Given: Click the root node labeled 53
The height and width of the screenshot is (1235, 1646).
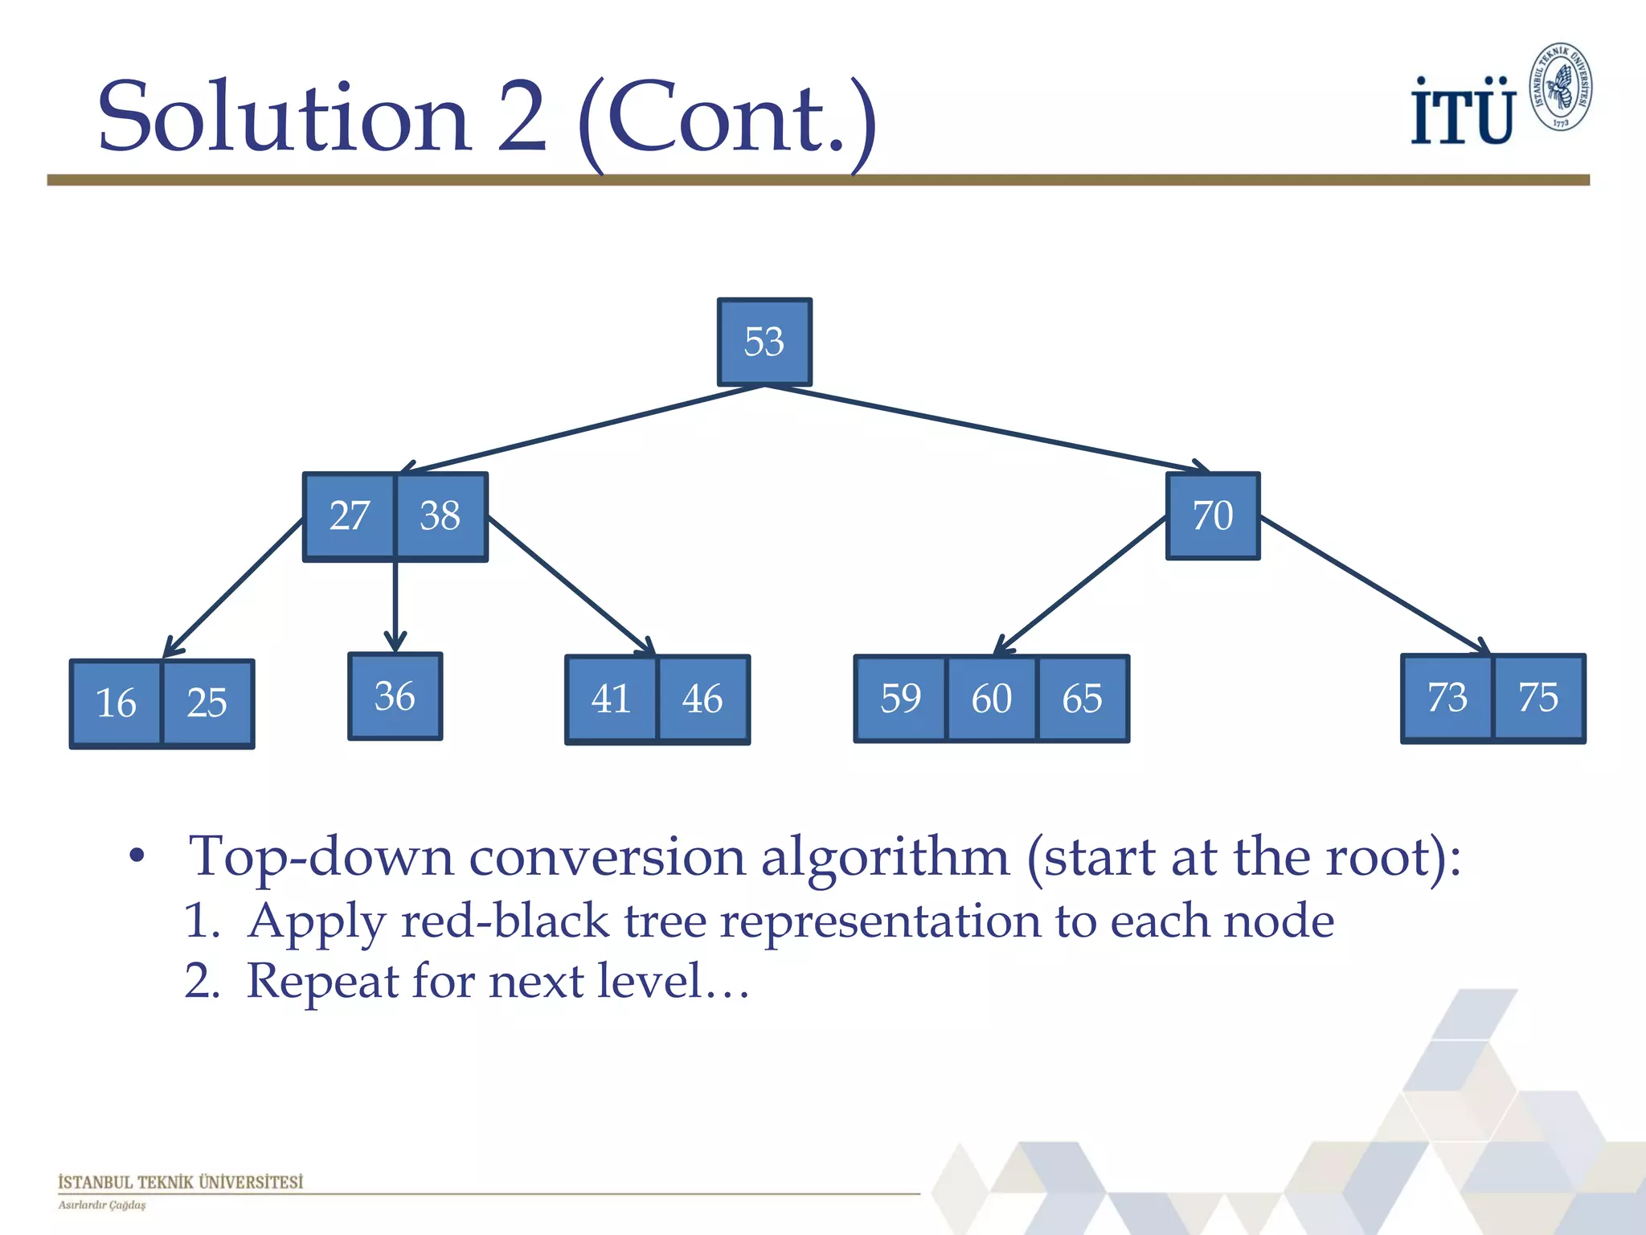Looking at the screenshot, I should (x=764, y=343).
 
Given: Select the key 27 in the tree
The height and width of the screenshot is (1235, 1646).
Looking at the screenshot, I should (x=350, y=516).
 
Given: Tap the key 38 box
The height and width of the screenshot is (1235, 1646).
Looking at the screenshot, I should (x=440, y=516).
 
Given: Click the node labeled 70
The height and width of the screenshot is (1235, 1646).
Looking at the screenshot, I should (x=1213, y=516).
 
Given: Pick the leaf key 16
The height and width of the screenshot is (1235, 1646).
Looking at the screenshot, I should (x=117, y=704).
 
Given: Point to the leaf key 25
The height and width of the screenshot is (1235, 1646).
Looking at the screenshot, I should (x=207, y=704).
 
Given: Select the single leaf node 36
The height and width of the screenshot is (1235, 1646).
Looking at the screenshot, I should (x=395, y=696).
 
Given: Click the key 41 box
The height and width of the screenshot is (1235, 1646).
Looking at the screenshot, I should (x=612, y=699).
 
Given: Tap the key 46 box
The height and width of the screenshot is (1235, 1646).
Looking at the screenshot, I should (x=702, y=699).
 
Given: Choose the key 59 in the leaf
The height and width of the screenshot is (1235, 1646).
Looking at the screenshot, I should (x=900, y=699).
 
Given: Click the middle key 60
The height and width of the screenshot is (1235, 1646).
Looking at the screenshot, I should (x=991, y=699).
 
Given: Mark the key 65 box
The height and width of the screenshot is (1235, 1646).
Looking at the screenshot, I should (x=1082, y=699).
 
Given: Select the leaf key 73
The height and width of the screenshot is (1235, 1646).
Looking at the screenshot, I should (x=1447, y=698).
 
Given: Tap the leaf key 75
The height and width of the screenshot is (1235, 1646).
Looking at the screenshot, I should (x=1538, y=698).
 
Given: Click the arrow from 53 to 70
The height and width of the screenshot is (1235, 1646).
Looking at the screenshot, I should (x=989, y=429).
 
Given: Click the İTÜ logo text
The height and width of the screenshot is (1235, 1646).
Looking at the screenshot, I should (x=1462, y=113).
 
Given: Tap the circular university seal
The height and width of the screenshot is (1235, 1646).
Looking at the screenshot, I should (x=1561, y=87).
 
